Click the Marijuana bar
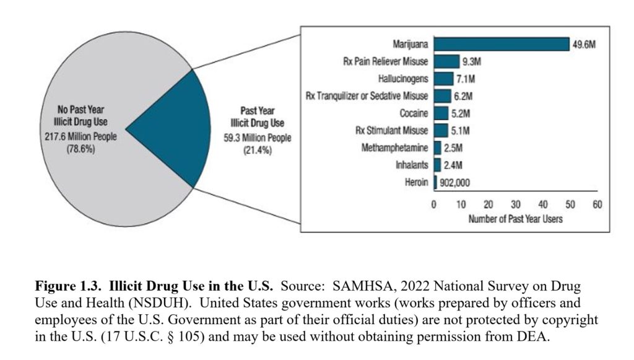(502, 44)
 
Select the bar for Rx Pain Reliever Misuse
(446, 61)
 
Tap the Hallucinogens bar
(443, 79)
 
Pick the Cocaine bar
(441, 113)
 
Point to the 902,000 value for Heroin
(455, 182)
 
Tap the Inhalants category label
(412, 165)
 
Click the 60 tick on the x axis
(597, 205)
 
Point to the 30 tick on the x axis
(516, 205)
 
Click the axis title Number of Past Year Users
(515, 219)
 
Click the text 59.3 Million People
(257, 138)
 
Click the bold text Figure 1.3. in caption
(69, 287)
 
